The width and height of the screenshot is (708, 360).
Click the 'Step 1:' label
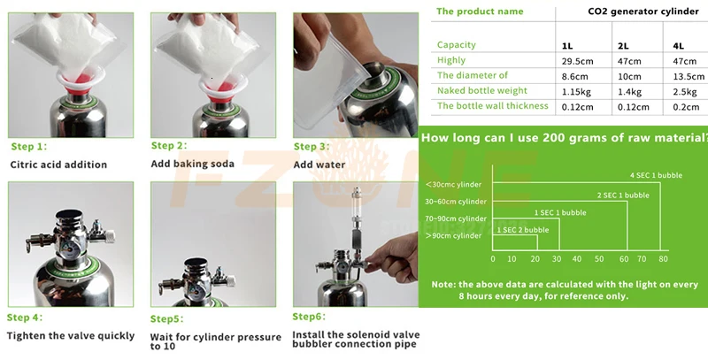coord(29,147)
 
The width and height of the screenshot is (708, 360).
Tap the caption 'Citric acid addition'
coord(58,165)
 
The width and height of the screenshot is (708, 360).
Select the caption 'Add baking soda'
coord(192,164)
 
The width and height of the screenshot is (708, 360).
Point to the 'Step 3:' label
coord(312,147)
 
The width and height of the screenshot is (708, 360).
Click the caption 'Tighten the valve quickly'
coord(71,336)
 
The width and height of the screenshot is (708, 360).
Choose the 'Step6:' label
coord(309,317)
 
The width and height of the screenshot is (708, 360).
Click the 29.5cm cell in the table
coord(578,61)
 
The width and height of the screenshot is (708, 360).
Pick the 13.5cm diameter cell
coord(689,77)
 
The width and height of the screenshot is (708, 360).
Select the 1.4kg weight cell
coord(629,92)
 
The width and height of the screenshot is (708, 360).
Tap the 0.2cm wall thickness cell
coord(686,107)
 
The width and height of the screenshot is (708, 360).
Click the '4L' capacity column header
coord(678,46)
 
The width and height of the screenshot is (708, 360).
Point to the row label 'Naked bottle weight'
coord(481,91)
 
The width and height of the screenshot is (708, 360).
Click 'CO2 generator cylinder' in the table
coord(643,11)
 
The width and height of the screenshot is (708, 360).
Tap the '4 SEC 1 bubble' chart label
coord(656,175)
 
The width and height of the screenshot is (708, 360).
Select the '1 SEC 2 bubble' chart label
coord(523,230)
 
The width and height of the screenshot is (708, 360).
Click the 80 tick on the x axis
coord(663,259)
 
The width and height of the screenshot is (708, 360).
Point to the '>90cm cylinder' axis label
coord(453,235)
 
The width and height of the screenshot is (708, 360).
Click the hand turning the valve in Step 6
coord(392,257)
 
